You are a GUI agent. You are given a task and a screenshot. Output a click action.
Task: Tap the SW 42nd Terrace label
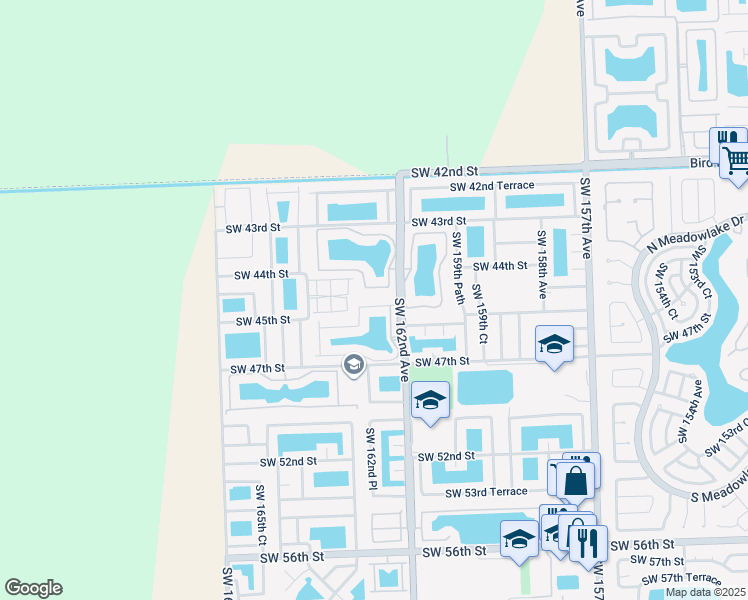(x=491, y=187)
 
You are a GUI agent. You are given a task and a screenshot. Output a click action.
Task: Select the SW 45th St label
(x=262, y=321)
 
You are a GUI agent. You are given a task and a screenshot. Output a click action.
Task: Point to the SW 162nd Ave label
(x=401, y=339)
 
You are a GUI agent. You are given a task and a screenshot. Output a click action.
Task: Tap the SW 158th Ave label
(x=543, y=265)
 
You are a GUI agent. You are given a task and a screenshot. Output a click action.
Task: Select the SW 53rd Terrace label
(x=486, y=492)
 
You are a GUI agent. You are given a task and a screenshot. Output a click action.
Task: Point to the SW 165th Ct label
(x=261, y=509)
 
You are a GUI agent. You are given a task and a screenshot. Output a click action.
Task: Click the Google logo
(x=34, y=588)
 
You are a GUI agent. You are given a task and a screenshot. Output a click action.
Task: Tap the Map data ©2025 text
(x=705, y=592)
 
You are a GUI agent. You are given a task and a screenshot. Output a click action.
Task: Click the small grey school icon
(x=352, y=366)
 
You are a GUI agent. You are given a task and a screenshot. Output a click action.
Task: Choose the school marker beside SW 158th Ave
(x=554, y=345)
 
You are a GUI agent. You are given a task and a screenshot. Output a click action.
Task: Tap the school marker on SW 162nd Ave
(x=430, y=402)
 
